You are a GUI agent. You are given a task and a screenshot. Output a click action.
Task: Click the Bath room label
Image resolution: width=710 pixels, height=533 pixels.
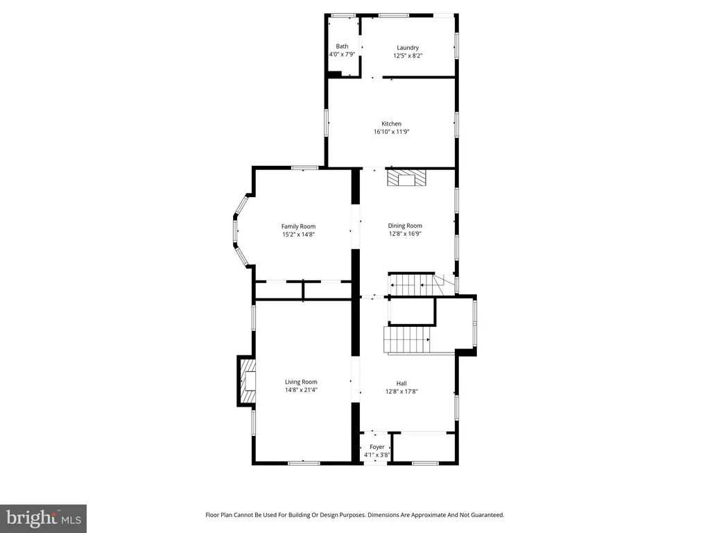click(x=342, y=46)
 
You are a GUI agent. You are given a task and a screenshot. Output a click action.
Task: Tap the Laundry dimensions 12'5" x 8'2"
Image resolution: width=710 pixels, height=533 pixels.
click(x=408, y=56)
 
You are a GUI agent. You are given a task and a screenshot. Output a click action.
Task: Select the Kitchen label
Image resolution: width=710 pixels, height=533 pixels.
click(x=391, y=124)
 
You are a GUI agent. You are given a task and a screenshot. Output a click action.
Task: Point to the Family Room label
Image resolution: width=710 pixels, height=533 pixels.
click(x=298, y=227)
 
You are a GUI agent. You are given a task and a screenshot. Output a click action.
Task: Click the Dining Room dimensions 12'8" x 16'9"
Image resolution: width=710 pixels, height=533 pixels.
click(x=405, y=234)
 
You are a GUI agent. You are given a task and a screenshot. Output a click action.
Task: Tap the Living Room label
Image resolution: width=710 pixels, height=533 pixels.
click(x=301, y=382)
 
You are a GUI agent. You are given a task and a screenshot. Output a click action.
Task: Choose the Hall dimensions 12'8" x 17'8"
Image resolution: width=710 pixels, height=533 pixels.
click(x=401, y=391)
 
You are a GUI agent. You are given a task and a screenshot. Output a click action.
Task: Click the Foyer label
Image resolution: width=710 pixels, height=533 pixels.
click(x=376, y=447)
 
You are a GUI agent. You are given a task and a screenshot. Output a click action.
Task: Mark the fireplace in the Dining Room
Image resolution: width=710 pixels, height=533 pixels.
click(x=406, y=178)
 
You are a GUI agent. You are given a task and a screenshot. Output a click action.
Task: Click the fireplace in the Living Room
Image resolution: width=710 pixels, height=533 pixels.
click(x=247, y=381)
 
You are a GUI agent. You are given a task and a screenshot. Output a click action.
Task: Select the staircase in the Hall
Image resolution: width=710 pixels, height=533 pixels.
click(x=406, y=339)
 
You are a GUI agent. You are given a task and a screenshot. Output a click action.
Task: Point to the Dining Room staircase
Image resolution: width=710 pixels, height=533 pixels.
click(x=412, y=285)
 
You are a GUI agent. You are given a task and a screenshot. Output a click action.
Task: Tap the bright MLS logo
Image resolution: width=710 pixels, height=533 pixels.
click(x=44, y=518)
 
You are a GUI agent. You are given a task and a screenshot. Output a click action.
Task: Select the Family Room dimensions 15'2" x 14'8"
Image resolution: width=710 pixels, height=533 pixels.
click(x=298, y=235)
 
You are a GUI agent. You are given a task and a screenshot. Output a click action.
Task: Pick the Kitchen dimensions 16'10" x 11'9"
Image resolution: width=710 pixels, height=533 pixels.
click(x=391, y=132)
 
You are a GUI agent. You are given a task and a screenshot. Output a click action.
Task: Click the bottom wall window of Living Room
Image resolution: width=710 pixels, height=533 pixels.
click(x=304, y=463)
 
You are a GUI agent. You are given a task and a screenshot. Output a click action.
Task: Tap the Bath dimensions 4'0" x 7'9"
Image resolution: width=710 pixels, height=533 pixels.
click(x=342, y=54)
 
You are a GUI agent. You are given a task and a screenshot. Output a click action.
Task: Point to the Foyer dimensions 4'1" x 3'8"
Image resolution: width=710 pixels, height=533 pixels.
click(x=376, y=455)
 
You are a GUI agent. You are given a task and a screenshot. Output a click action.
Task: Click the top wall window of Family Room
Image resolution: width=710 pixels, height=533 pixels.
click(x=305, y=168)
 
